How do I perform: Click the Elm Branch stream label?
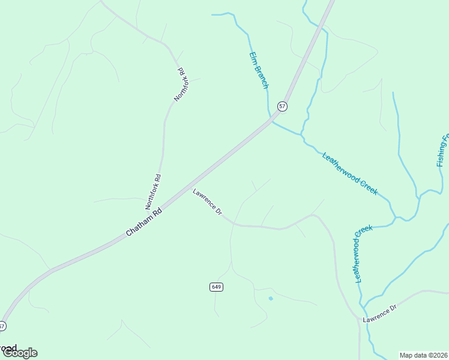coord(259,70)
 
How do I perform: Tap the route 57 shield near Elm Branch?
coord(282,106)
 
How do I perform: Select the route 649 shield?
coord(217,287)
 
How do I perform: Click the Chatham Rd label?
coord(145,222)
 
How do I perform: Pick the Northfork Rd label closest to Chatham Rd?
coord(153,191)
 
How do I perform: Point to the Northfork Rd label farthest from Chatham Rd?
coord(181,85)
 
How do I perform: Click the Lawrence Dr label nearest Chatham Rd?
coord(208,202)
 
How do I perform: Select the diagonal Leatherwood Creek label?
coord(350,173)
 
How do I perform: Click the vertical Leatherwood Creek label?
coord(363,254)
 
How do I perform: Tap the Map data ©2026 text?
coord(424,355)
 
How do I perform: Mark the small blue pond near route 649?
coord(271,298)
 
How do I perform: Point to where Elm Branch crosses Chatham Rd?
coord(271,119)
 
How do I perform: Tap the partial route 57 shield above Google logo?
coord(2,326)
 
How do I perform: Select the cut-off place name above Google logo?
coord(8,347)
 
